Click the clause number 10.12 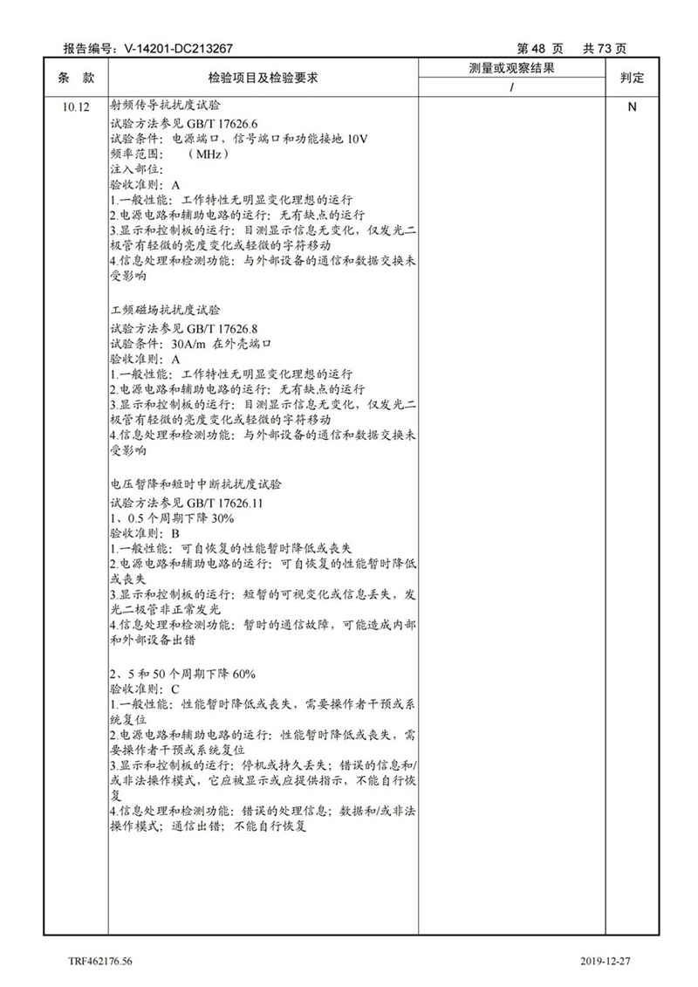coord(76,107)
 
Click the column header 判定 coord(631,78)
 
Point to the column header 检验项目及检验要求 coord(263,78)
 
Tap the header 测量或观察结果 coord(512,68)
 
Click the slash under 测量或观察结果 coord(512,87)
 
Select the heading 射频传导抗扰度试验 coord(165,106)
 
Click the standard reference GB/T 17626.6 coord(214,124)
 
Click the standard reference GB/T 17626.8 coord(214,328)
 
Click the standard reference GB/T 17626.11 coord(217,502)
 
